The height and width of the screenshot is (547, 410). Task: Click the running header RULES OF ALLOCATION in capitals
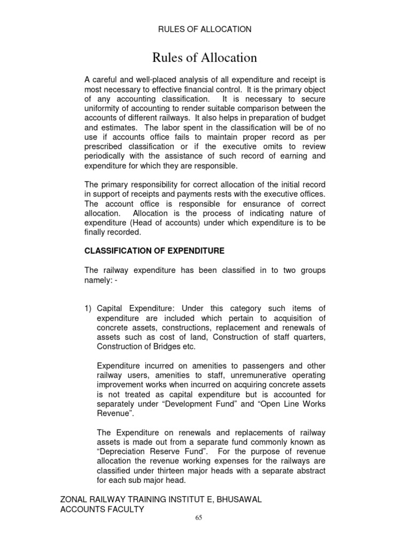click(x=204, y=29)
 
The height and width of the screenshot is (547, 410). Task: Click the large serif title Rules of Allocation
click(x=204, y=57)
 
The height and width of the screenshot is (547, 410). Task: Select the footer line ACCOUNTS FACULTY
click(x=103, y=509)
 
